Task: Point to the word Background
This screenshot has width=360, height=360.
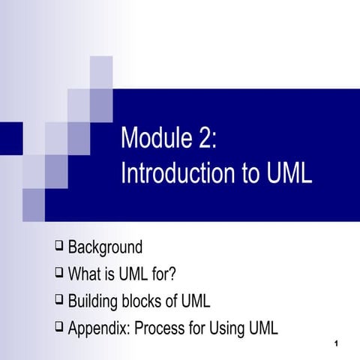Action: pyautogui.click(x=105, y=247)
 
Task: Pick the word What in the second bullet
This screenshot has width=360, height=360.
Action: pyautogui.click(x=85, y=274)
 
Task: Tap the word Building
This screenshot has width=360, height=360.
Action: pyautogui.click(x=94, y=301)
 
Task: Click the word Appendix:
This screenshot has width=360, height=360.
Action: pyautogui.click(x=100, y=328)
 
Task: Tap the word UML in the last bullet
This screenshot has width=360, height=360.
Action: pyautogui.click(x=262, y=328)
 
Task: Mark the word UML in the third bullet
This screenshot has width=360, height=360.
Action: pyautogui.click(x=194, y=301)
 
